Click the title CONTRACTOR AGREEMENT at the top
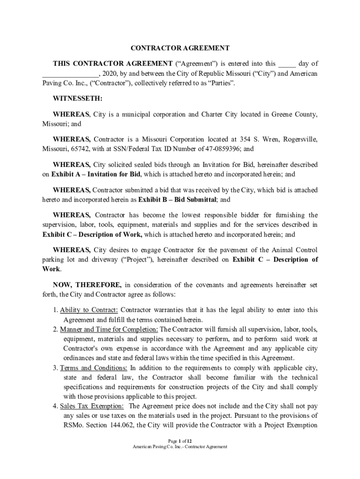[x=180, y=48]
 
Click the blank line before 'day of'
[x=287, y=64]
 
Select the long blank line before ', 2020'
[x=70, y=74]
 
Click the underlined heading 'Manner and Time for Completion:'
[x=109, y=329]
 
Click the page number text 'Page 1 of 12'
[x=180, y=441]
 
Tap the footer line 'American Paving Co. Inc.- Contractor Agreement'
[x=180, y=447]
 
